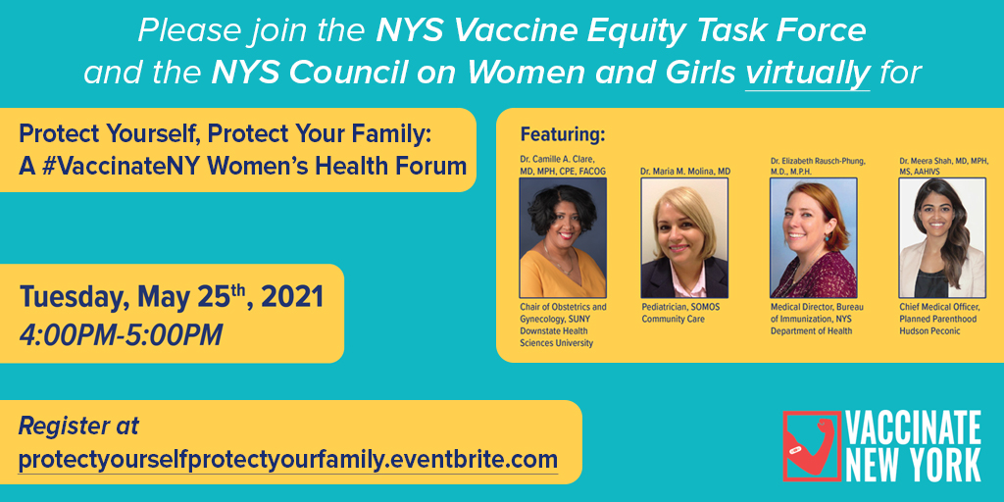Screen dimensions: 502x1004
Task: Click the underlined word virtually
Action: click(x=808, y=73)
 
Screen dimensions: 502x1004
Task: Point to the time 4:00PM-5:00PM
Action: click(x=121, y=334)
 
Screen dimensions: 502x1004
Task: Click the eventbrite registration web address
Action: click(x=288, y=459)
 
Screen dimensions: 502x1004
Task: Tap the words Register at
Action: click(x=78, y=427)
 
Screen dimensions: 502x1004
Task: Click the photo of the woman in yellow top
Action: click(x=563, y=236)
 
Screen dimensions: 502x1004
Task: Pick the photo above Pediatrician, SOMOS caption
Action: click(x=683, y=236)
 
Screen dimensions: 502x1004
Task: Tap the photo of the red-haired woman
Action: click(x=813, y=236)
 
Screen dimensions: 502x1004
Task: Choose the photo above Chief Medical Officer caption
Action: click(x=942, y=236)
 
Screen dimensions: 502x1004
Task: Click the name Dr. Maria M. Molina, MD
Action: click(x=685, y=171)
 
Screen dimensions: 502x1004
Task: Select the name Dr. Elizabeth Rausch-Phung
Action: click(x=817, y=160)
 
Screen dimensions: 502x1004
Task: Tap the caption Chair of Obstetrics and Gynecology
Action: click(x=563, y=313)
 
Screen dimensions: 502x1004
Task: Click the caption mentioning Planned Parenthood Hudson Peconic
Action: click(x=939, y=319)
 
